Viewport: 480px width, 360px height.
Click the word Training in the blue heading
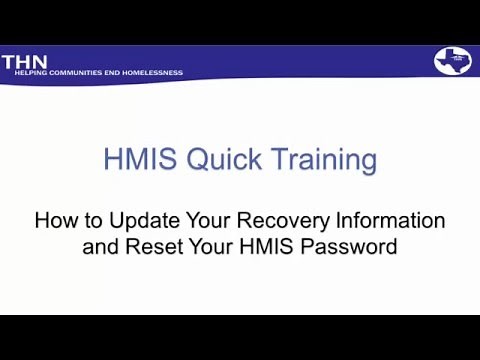(319, 160)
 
